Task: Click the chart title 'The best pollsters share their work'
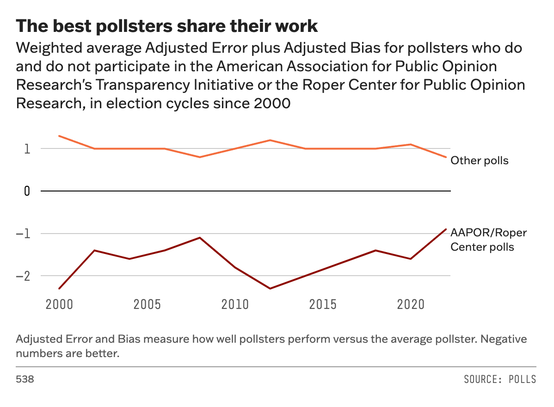(x=167, y=26)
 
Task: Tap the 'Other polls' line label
(x=480, y=161)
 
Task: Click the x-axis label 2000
(x=59, y=305)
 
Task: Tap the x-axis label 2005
(x=147, y=305)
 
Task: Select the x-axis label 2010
(x=235, y=305)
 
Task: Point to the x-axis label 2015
(x=323, y=305)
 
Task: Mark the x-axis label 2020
(x=411, y=305)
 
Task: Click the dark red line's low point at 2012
(x=270, y=289)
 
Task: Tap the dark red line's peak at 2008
(x=200, y=238)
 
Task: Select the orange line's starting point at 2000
(x=59, y=136)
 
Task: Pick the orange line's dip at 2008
(x=200, y=157)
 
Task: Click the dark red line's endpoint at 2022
(x=446, y=229)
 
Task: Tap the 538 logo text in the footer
(x=25, y=379)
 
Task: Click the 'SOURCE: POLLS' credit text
(x=500, y=379)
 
